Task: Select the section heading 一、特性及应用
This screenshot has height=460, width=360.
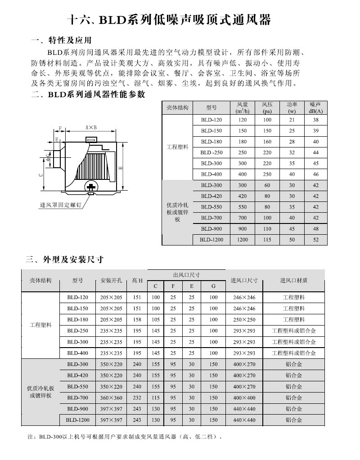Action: [x=61, y=41]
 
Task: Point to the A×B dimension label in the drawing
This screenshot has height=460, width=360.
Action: [x=91, y=128]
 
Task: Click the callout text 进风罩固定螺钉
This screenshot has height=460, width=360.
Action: [x=60, y=205]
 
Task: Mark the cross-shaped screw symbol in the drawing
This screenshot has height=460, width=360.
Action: [x=91, y=186]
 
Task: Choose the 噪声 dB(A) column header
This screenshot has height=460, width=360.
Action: [x=316, y=107]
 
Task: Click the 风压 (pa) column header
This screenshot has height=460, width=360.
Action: [x=267, y=107]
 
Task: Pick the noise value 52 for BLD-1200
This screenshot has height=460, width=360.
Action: [x=316, y=240]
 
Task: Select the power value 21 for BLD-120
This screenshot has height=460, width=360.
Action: [x=292, y=120]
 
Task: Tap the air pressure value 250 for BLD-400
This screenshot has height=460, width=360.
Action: [x=267, y=174]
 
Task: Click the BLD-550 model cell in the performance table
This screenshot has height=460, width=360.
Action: [x=211, y=207]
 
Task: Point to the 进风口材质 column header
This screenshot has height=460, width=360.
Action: [x=293, y=281]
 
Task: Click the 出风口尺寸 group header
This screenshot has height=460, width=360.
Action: [x=186, y=275]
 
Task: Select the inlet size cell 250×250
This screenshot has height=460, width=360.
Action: [x=244, y=320]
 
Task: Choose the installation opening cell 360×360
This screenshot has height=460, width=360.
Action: [x=111, y=398]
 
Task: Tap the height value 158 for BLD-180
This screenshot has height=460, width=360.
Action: [x=137, y=320]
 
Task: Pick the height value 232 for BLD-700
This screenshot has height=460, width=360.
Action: [x=137, y=398]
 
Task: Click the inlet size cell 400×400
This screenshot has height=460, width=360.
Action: [x=244, y=398]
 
